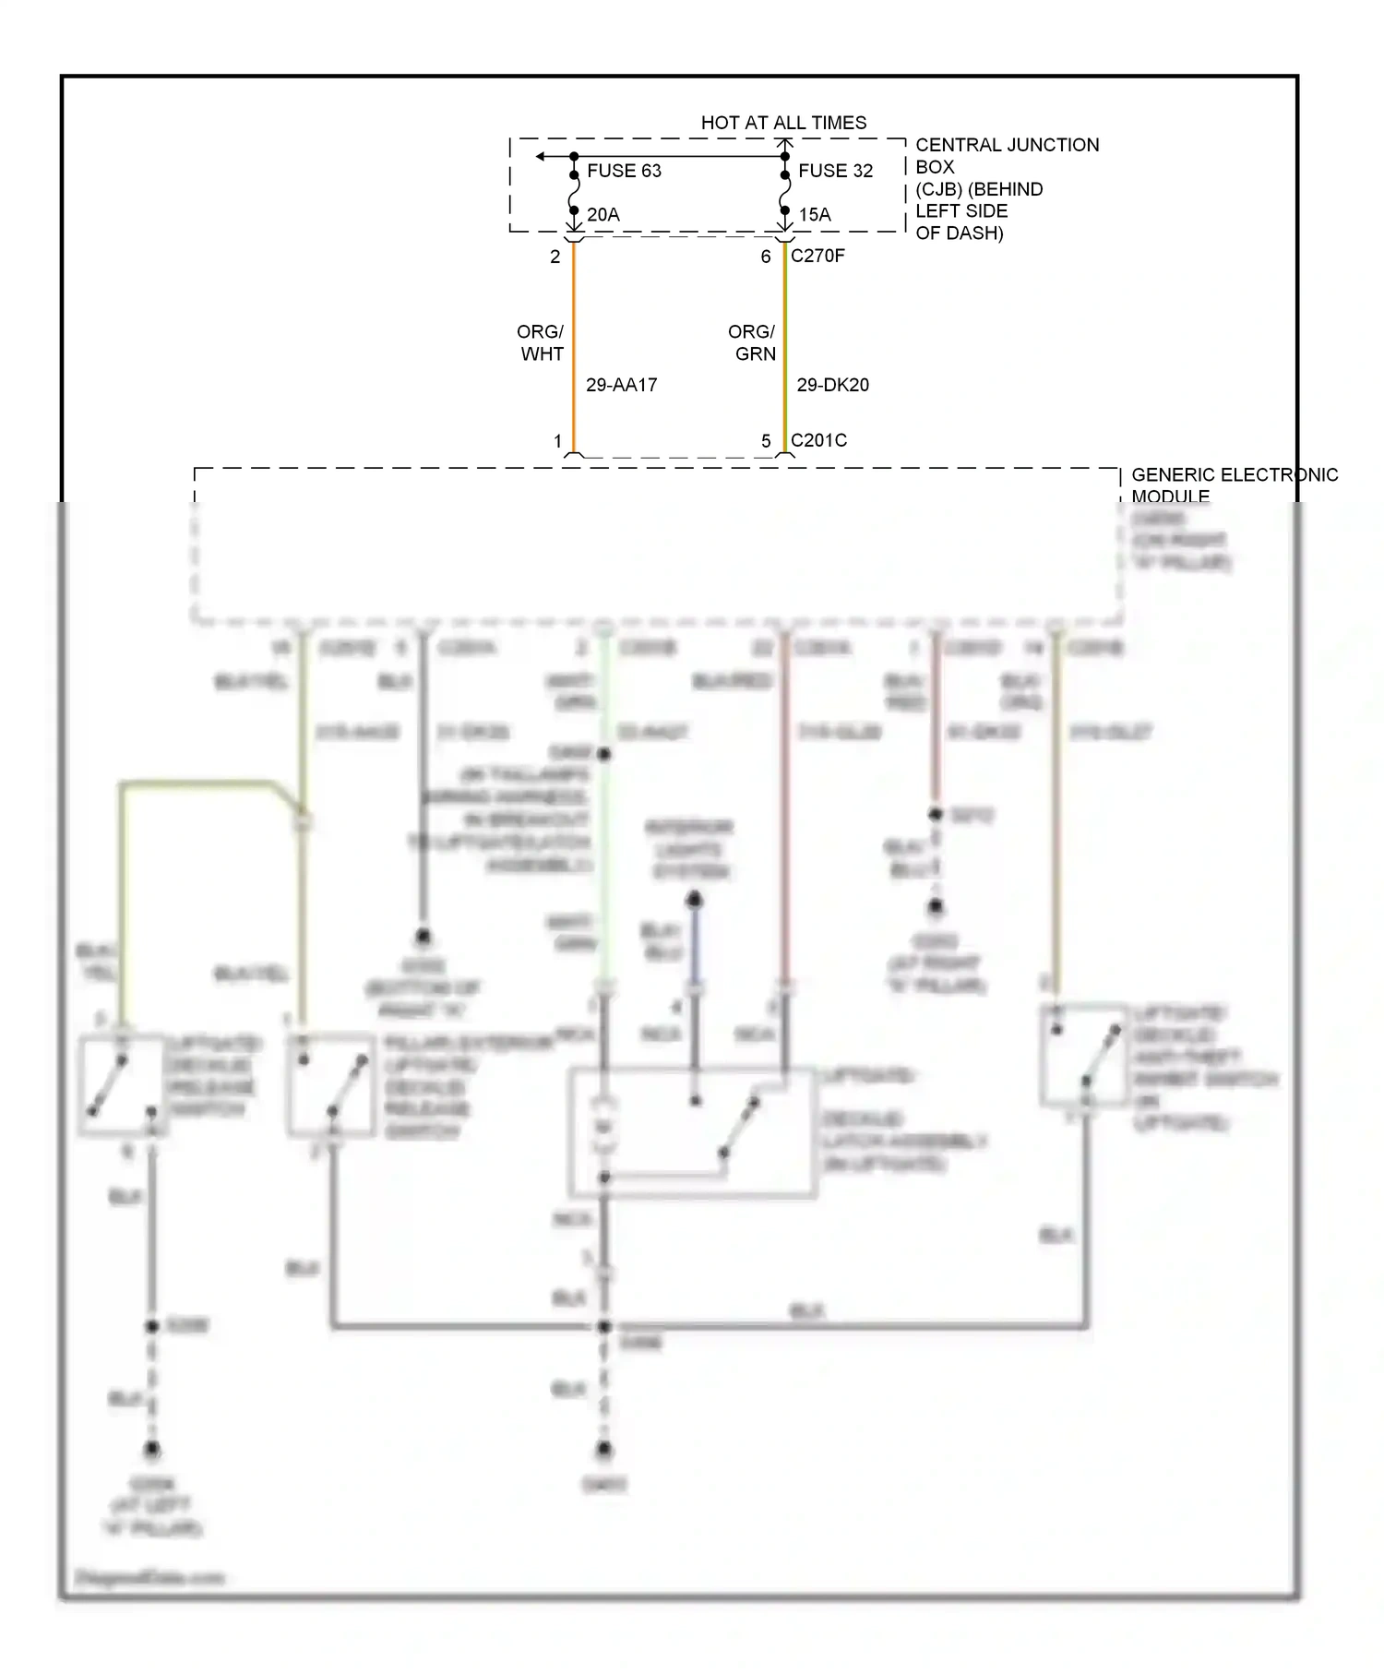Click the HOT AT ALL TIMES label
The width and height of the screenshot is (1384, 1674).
783,123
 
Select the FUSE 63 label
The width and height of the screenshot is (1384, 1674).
624,171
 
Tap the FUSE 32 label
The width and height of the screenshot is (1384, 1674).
835,171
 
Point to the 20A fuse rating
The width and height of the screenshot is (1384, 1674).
603,215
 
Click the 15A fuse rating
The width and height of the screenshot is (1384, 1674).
814,215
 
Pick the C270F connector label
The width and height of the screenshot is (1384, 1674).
817,256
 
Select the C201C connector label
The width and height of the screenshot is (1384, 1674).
818,440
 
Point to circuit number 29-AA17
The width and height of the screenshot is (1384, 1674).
621,385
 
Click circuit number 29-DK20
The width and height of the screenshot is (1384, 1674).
832,385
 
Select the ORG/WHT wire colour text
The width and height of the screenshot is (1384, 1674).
541,342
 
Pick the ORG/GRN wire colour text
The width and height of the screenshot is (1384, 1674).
752,342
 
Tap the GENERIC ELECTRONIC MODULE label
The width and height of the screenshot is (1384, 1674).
1233,484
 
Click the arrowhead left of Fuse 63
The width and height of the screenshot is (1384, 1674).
541,157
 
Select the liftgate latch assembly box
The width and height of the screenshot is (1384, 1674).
693,1132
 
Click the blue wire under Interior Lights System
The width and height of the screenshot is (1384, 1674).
695,951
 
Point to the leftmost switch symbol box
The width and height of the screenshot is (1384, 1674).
121,1085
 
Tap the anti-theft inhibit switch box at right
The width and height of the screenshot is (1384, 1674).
1084,1054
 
